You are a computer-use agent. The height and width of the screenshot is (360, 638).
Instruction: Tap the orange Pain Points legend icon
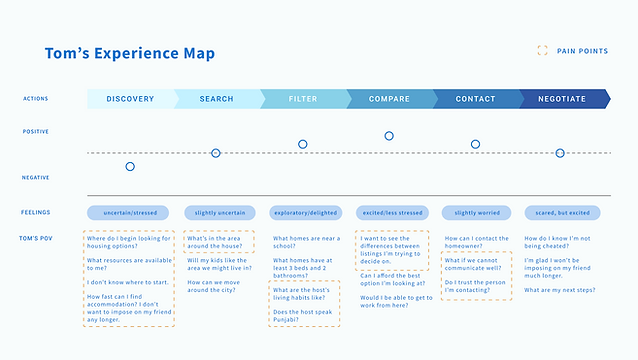(x=542, y=50)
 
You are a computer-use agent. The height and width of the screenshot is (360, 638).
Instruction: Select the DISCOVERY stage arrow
(x=130, y=99)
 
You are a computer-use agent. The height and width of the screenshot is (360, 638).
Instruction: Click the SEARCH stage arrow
(x=216, y=99)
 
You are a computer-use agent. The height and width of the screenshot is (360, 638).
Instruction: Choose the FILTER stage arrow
(x=302, y=99)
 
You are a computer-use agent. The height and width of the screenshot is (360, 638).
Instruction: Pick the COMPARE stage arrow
(x=389, y=99)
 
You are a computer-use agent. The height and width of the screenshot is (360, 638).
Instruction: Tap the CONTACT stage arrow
(x=475, y=99)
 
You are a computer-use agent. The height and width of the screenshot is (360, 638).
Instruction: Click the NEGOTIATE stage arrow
(x=561, y=99)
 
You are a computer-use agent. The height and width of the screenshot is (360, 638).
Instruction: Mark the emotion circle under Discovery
(x=130, y=166)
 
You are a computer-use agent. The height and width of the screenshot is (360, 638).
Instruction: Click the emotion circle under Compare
(x=389, y=136)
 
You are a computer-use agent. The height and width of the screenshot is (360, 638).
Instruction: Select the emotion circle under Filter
(x=303, y=145)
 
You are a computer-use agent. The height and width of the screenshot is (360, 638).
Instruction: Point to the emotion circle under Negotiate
(x=560, y=153)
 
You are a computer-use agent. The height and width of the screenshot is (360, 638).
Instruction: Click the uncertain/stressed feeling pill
(x=129, y=212)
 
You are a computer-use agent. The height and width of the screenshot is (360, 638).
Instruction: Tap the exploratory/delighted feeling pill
(x=303, y=212)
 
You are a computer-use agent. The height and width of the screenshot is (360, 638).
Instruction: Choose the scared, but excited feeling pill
(x=561, y=212)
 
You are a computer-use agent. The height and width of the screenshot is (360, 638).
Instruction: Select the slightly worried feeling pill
(x=475, y=212)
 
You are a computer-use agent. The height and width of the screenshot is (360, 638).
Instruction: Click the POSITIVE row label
(x=36, y=132)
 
